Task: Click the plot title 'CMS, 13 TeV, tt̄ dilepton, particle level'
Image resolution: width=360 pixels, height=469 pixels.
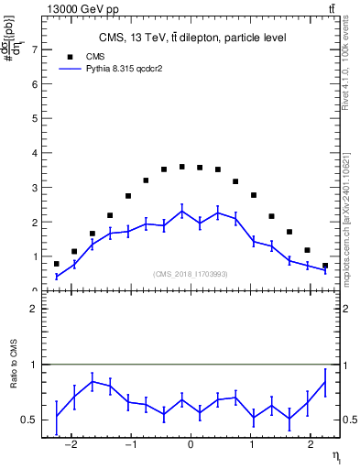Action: [192, 38]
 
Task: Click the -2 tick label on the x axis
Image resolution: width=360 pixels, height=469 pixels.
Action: [71, 444]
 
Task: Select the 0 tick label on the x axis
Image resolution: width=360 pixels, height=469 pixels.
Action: [190, 444]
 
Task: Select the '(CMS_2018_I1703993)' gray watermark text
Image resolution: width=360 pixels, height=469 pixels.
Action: [190, 274]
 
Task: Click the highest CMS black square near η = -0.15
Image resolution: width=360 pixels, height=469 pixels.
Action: [181, 167]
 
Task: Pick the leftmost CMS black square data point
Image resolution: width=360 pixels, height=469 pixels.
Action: [56, 264]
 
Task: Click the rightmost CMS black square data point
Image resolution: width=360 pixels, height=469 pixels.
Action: [324, 266]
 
